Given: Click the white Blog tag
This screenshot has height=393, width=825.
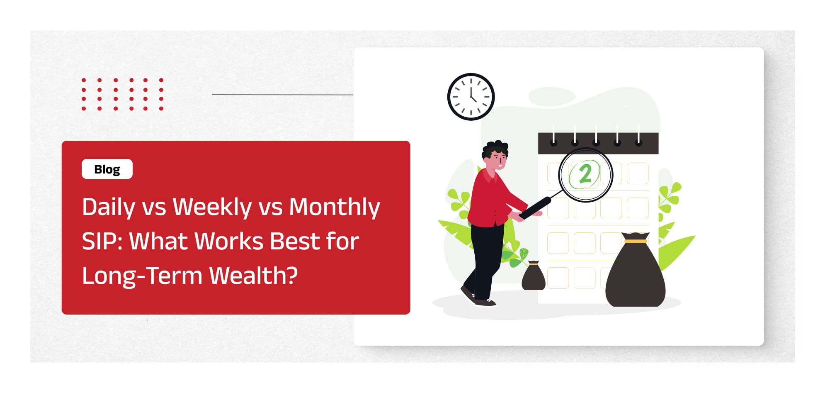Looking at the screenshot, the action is coord(107,169).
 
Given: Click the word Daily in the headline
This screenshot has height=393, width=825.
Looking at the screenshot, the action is coord(109,207).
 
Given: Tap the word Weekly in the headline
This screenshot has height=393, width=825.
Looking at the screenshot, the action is coord(212,207).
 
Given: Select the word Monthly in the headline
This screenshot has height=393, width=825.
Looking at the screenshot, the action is coord(334,207).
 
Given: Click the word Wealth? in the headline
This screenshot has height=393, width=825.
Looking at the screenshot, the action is coord(253,276).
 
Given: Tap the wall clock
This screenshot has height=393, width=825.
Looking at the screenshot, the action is coord(471,97).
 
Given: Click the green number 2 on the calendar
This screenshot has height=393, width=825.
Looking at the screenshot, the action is coord(585,174).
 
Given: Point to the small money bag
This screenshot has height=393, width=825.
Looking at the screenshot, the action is coord(534,276).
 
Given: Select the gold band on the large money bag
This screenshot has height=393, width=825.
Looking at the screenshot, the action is coord(636,241).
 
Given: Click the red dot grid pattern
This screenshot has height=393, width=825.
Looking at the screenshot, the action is coord(122,94).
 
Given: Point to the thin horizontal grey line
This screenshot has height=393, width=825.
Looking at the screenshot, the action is coord(282,95).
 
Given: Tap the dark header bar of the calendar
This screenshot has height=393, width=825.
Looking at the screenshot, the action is coord(598,144).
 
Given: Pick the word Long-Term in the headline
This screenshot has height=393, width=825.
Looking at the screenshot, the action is coord(142,276).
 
